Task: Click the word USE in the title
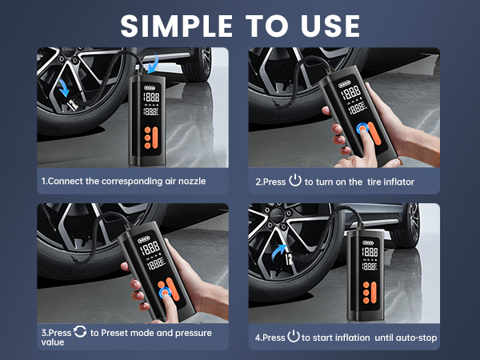326,25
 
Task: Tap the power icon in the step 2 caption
295,181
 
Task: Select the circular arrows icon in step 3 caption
81,331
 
